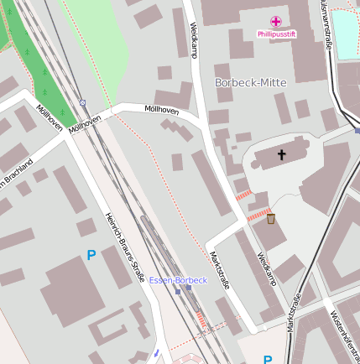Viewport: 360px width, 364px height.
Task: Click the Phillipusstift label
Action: pos(276,34)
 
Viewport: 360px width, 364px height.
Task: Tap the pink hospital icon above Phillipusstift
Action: pos(276,21)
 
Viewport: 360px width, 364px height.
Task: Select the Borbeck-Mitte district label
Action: pos(250,82)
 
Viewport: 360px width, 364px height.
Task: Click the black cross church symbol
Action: pos(281,154)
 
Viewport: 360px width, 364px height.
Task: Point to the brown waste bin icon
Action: pos(270,219)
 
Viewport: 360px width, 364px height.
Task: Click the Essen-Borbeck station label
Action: pos(178,279)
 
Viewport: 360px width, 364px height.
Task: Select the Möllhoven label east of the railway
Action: pos(161,109)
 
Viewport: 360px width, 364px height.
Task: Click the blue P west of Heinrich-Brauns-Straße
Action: pos(91,254)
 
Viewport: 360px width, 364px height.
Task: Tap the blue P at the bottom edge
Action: pos(268,359)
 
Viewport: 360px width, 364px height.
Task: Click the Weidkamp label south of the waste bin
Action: pos(266,268)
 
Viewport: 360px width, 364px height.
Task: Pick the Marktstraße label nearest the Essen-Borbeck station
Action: pos(219,270)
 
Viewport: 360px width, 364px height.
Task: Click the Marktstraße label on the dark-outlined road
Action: pos(294,310)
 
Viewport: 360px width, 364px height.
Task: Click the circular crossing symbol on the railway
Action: pos(82,102)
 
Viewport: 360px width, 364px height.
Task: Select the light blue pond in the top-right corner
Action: pos(345,29)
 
